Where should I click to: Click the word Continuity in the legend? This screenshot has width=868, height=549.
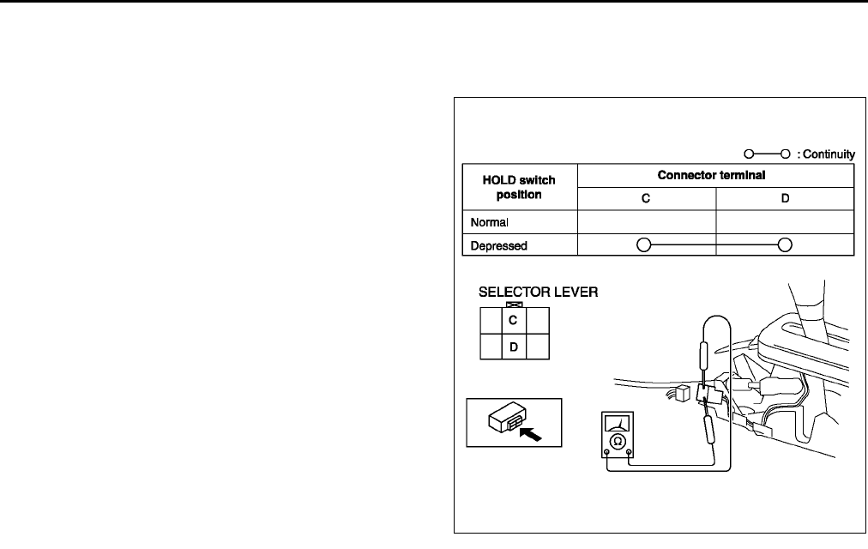pos(828,154)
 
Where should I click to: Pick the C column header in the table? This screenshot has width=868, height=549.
pos(648,198)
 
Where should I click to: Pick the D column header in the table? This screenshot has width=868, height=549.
pos(785,198)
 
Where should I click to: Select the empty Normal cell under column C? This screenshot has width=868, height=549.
pos(648,222)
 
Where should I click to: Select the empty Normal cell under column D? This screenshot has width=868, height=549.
pos(785,222)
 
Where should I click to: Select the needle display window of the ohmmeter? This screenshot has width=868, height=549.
pos(617,423)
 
